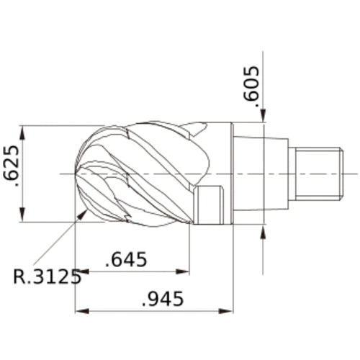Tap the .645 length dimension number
(x=126, y=258)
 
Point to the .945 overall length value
(x=163, y=298)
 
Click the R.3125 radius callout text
(x=47, y=276)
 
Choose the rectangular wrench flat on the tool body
(x=210, y=205)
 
